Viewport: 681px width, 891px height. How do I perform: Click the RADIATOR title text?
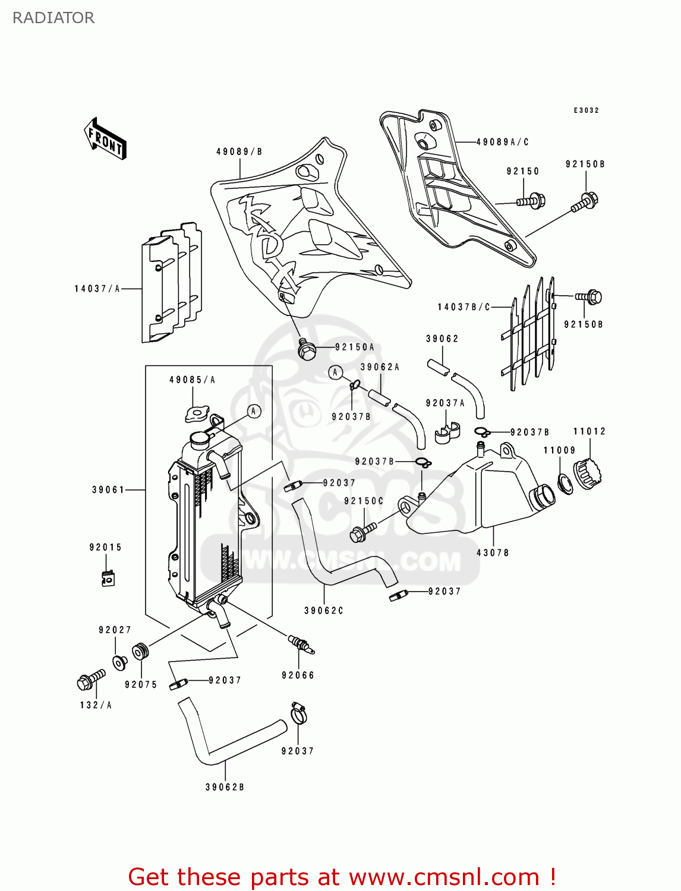point(53,18)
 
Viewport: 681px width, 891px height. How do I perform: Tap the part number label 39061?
point(108,490)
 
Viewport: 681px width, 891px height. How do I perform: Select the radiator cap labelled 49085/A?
point(197,413)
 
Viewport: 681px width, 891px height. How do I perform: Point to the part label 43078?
point(493,552)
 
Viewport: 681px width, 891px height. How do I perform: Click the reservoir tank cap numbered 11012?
point(588,473)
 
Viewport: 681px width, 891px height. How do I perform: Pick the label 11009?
point(559,450)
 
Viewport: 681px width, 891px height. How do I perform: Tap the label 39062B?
point(225,787)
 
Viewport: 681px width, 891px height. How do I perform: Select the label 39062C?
point(324,611)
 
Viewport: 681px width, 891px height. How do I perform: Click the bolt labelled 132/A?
point(90,680)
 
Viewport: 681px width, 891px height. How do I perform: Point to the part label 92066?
point(298,675)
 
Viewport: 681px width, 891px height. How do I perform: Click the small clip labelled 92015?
point(108,577)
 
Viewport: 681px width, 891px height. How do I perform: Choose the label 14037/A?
point(97,289)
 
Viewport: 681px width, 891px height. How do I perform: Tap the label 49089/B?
point(239,151)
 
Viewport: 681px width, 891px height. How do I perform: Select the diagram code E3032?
point(586,110)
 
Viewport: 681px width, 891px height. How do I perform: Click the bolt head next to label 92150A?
point(307,350)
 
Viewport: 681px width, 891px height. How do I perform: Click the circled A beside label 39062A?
point(336,372)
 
